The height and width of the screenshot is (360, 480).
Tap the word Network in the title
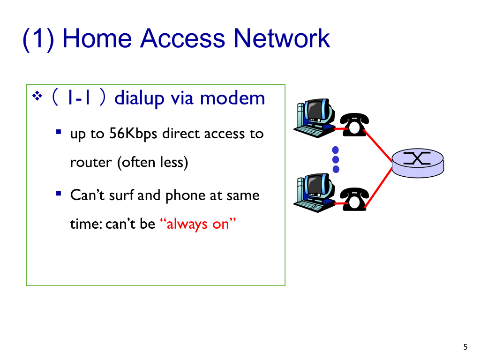click(282, 38)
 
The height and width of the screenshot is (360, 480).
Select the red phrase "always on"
click(200, 224)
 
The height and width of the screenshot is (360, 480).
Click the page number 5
click(465, 347)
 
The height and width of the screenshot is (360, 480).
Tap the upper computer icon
click(314, 116)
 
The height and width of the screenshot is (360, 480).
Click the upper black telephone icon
click(353, 124)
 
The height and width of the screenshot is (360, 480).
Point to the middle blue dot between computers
click(336, 160)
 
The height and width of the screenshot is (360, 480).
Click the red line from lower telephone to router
click(379, 186)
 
